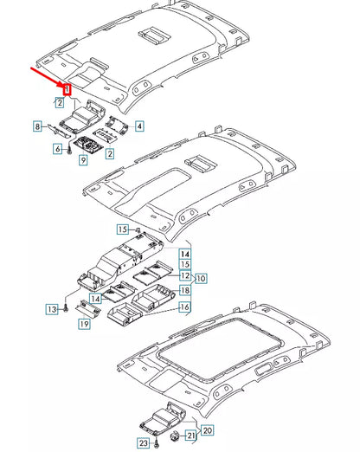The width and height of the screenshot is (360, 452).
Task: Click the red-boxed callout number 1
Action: click(66, 87)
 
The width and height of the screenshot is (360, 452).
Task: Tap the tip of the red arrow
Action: click(64, 84)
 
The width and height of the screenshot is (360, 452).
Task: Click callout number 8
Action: click(37, 127)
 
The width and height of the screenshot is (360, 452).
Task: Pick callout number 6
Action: click(58, 149)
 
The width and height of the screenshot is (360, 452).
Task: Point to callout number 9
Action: click(83, 160)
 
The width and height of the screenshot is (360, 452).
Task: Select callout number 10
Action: click(201, 278)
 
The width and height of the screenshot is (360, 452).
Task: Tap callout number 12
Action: click(185, 274)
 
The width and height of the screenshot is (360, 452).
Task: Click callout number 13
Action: click(53, 308)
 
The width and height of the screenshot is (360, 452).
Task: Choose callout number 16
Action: click(185, 307)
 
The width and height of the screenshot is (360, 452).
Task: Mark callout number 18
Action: click(185, 290)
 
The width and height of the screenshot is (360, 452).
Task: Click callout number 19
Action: click(84, 324)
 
